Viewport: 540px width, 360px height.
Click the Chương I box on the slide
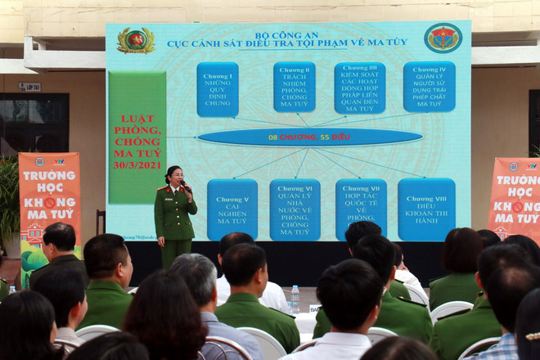(218, 89)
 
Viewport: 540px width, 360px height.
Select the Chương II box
(294, 87)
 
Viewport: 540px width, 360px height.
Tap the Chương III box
(359, 88)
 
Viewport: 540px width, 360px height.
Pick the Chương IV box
(429, 87)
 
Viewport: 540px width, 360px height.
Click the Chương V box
(232, 209)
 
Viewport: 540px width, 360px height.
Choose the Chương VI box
(295, 209)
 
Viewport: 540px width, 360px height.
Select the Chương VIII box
(426, 209)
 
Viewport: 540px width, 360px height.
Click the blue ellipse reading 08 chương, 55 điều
(309, 137)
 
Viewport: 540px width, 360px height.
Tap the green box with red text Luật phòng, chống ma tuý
(137, 137)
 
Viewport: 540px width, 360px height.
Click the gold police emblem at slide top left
(135, 40)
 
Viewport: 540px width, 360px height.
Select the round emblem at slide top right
(443, 38)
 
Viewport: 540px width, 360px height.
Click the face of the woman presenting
(174, 176)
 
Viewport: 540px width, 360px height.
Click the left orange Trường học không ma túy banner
(49, 196)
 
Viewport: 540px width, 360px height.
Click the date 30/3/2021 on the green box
(137, 164)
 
